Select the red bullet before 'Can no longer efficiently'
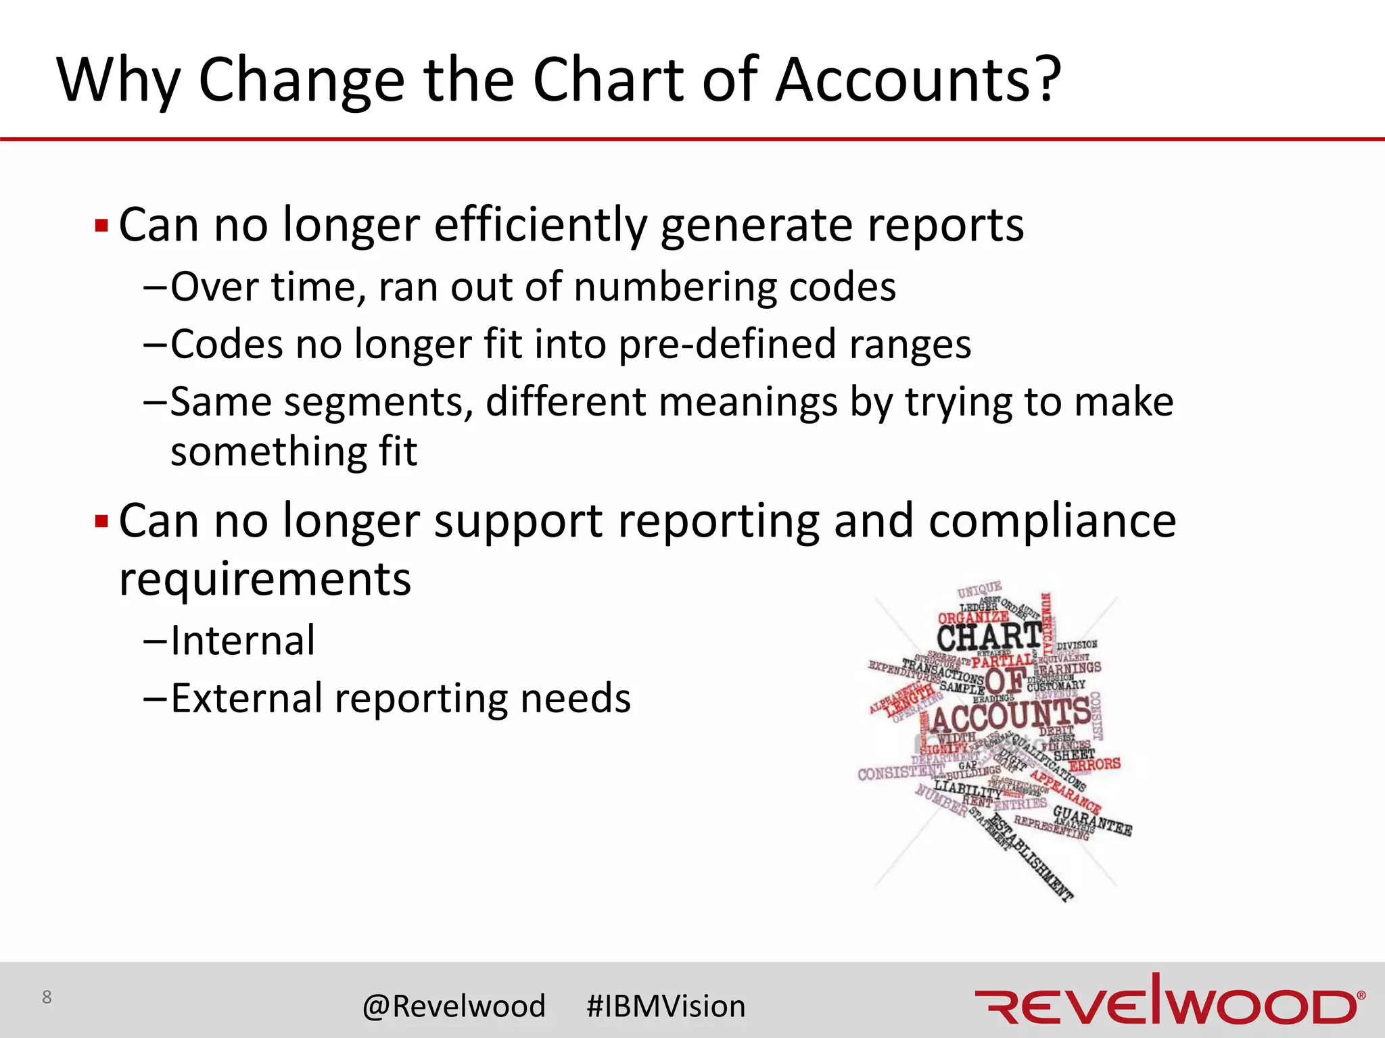[x=101, y=225]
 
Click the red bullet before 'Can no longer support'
[x=101, y=522]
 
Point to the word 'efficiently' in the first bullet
[x=540, y=225]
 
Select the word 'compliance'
[x=1052, y=522]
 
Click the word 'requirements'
[x=265, y=580]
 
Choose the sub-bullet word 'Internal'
[x=243, y=641]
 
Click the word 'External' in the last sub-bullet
[x=247, y=698]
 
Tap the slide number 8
[x=47, y=997]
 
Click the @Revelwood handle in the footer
[x=454, y=1006]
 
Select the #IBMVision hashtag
[x=666, y=1006]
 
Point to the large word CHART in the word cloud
[x=988, y=637]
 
